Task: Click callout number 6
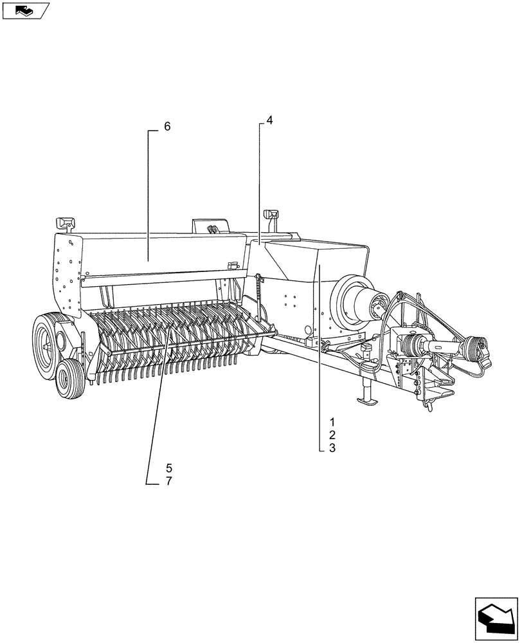(167, 127)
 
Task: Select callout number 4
(270, 120)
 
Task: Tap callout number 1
(332, 422)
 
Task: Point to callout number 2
(332, 435)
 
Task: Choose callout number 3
(332, 449)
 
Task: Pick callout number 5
(168, 467)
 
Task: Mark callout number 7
(168, 481)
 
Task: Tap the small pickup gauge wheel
(69, 379)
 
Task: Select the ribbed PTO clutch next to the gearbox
(411, 347)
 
